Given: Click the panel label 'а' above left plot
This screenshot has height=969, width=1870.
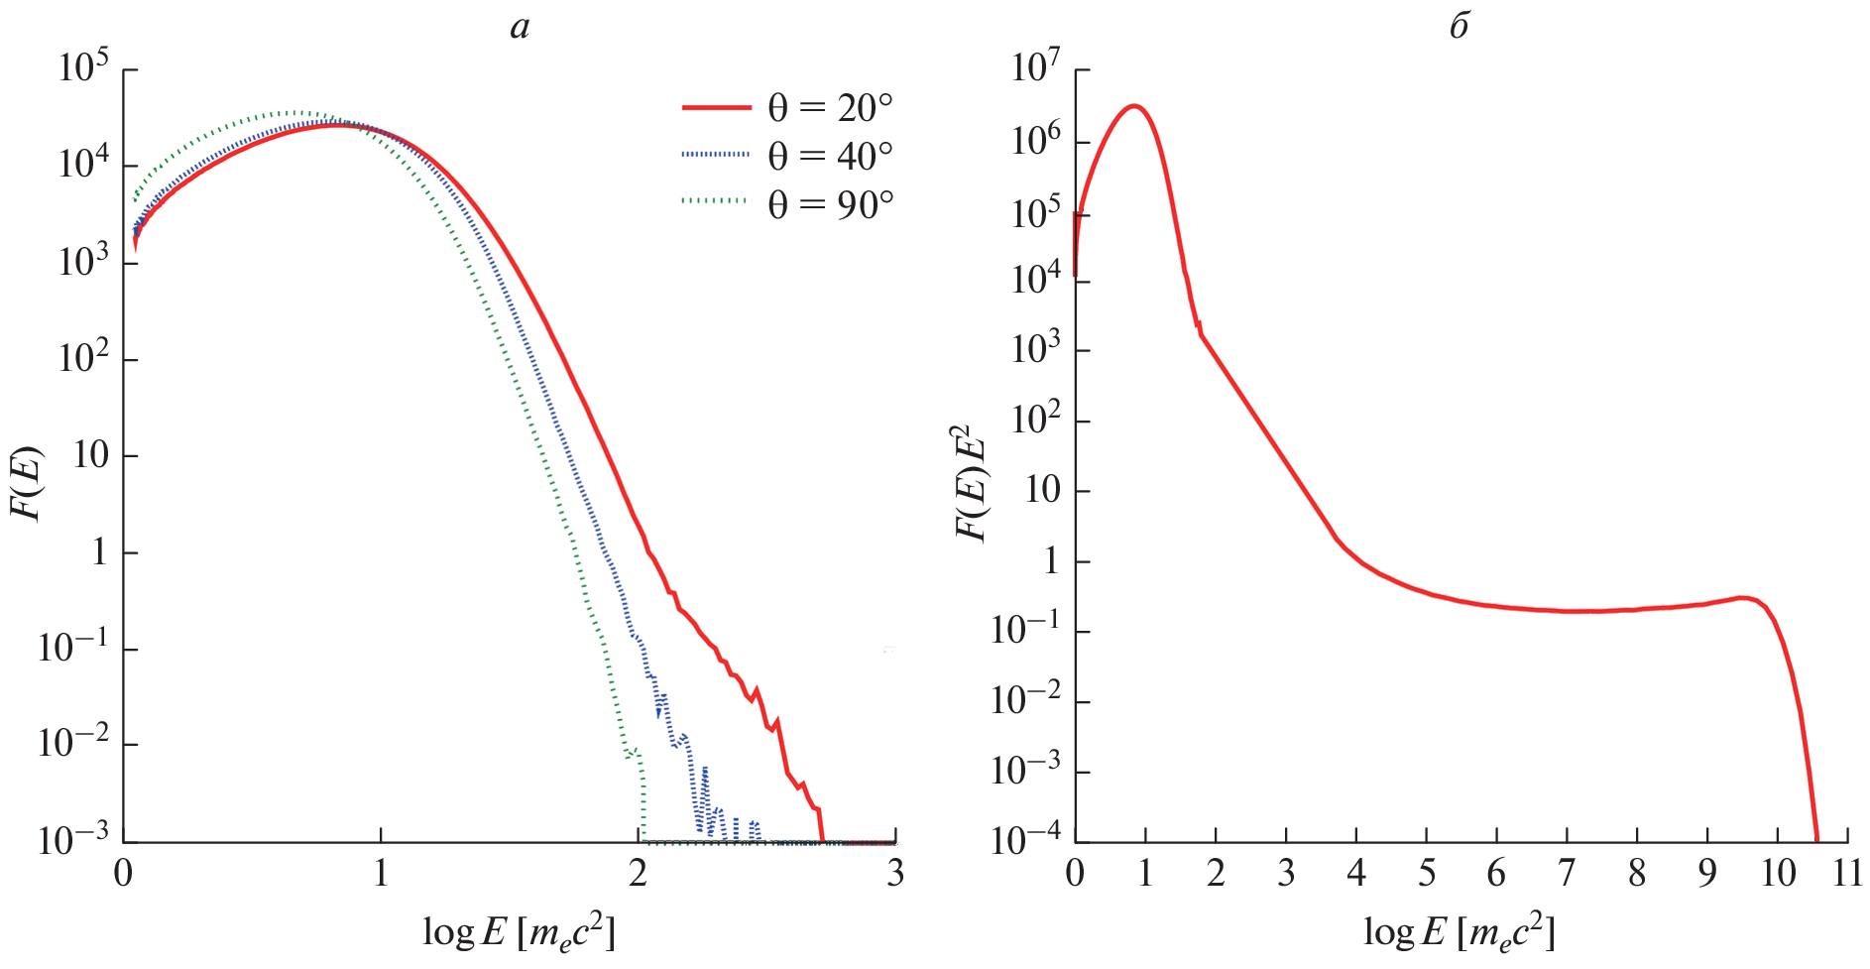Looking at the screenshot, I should click(520, 27).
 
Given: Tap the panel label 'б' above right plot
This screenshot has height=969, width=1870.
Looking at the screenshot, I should click(1459, 27).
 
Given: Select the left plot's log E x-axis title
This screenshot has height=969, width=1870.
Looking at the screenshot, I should click(520, 931).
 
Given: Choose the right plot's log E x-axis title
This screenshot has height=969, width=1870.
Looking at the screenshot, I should click(1459, 931).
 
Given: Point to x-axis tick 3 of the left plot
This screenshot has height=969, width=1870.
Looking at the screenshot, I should click(895, 873).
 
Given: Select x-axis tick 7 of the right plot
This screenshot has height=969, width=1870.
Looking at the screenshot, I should click(1567, 873).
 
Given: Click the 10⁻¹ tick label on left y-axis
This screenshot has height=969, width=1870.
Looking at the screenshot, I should click(73, 648).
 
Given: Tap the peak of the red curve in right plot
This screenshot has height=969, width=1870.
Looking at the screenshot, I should click(1135, 105).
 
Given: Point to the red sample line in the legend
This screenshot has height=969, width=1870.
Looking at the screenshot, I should click(716, 106).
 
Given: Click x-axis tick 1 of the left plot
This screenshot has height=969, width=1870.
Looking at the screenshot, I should click(381, 873).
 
